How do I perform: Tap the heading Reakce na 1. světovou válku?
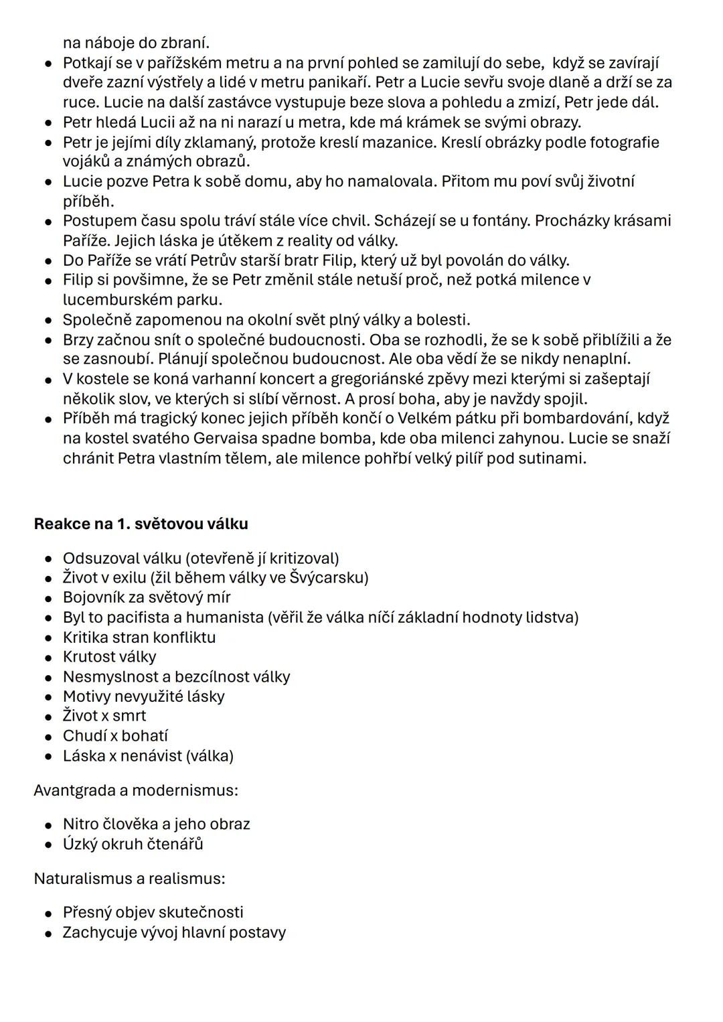141,524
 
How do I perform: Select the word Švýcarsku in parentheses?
326,577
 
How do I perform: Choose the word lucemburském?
111,299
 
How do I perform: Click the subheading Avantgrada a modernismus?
136,790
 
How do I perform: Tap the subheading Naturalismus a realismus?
129,878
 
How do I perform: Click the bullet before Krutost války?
49,658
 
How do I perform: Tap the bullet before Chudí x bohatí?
49,737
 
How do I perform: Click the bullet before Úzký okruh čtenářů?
49,845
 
